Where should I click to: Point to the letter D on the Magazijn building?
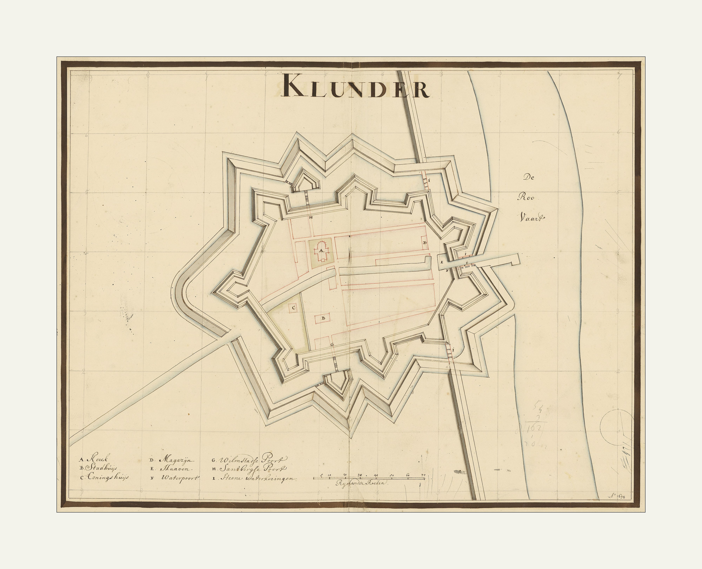[x=424, y=243]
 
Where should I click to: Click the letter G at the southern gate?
[x=332, y=344]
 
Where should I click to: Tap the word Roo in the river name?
[x=526, y=197]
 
